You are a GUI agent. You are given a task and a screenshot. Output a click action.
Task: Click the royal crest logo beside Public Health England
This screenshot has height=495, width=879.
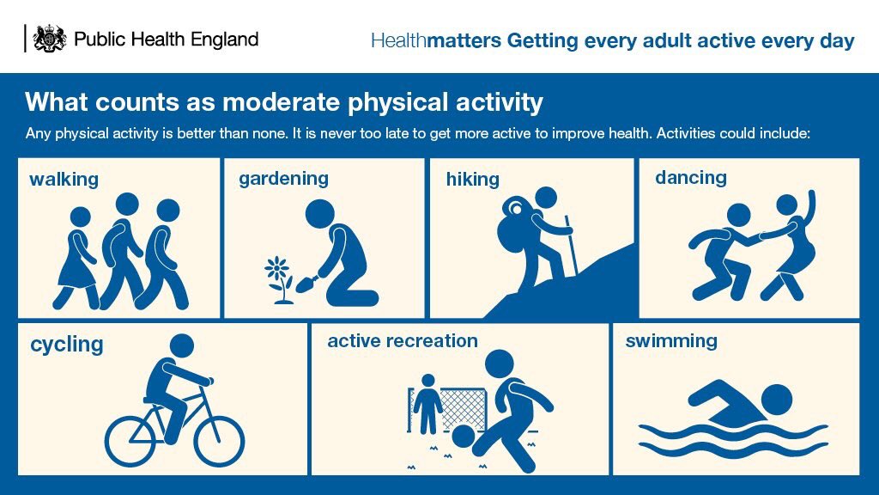point(49,39)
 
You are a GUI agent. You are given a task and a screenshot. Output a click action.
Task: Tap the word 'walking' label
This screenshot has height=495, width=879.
point(64,180)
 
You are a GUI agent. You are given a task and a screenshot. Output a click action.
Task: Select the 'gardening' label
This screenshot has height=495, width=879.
point(283,178)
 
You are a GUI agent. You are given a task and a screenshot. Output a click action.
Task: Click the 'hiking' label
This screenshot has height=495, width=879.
point(472,179)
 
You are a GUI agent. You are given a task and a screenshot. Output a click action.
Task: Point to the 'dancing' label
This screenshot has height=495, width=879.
point(690,177)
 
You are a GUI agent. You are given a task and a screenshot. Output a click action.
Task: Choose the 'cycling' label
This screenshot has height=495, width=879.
point(66,345)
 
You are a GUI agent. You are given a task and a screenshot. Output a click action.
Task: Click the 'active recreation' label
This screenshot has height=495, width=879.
point(402,340)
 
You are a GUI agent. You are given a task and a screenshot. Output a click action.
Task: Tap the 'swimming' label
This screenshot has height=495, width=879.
point(670,340)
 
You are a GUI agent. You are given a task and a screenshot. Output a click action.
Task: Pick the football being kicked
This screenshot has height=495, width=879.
point(463,437)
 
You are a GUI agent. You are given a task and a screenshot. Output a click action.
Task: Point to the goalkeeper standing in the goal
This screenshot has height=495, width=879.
point(427,403)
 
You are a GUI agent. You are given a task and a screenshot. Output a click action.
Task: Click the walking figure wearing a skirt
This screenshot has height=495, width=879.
point(77,259)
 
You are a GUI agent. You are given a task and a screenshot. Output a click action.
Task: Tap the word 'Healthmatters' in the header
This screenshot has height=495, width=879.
point(435,41)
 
